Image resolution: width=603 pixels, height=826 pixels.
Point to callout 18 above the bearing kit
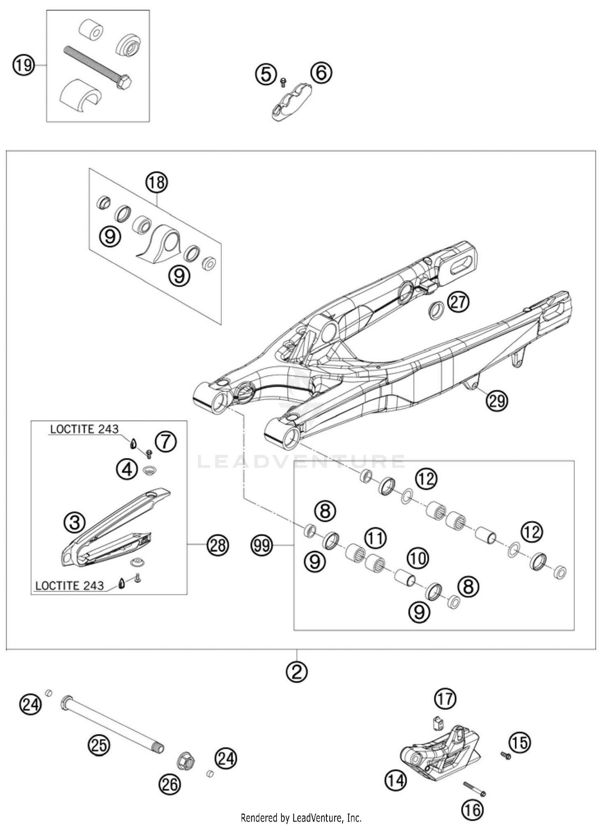(x=156, y=183)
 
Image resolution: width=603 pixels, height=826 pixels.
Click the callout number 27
(x=459, y=302)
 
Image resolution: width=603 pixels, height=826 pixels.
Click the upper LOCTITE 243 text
(x=84, y=429)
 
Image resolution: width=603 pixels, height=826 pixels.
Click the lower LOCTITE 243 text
(x=70, y=586)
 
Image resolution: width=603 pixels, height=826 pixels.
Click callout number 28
(x=218, y=546)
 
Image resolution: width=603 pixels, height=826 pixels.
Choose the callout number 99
(x=262, y=546)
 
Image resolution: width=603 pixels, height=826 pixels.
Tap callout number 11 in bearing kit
(x=375, y=538)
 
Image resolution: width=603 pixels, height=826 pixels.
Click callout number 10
(x=418, y=558)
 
